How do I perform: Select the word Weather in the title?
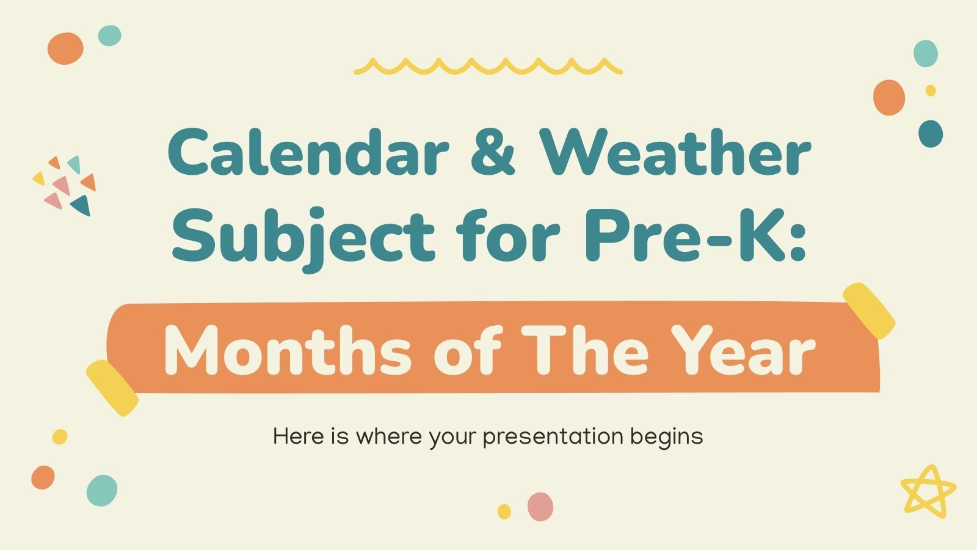[675, 153]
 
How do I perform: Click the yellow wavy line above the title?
[488, 67]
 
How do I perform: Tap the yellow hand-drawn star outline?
[928, 491]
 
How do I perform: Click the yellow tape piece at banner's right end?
[868, 310]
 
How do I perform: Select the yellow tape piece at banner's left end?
[112, 388]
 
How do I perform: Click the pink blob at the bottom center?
[540, 507]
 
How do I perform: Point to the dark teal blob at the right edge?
[930, 134]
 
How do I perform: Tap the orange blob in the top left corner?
[65, 49]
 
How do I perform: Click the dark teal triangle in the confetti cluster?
[82, 206]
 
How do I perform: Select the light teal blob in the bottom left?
[102, 490]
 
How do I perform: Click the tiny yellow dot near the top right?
[931, 90]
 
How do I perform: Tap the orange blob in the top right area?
[888, 98]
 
